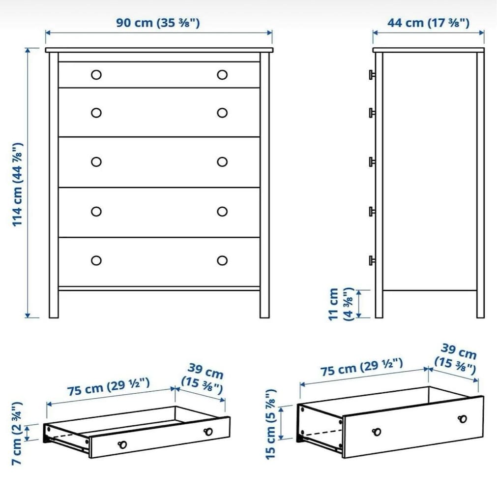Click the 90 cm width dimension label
pyautogui.click(x=158, y=23)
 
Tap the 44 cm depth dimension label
pyautogui.click(x=428, y=23)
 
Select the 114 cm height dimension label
pyautogui.click(x=18, y=185)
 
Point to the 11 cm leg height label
pyautogui.click(x=341, y=304)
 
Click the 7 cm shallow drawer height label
pyautogui.click(x=17, y=433)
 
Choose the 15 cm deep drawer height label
pyautogui.click(x=271, y=424)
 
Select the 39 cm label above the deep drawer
pyautogui.click(x=456, y=359)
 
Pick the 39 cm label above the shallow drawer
pyautogui.click(x=203, y=378)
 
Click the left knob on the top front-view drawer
pyautogui.click(x=96, y=75)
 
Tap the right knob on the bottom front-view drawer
pyautogui.click(x=222, y=260)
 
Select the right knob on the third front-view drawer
pyautogui.click(x=222, y=161)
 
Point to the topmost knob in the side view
pyautogui.click(x=372, y=75)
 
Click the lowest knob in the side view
pyautogui.click(x=372, y=260)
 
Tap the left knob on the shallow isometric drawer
pyautogui.click(x=122, y=444)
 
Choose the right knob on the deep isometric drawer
pyautogui.click(x=462, y=419)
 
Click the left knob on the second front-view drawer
pyautogui.click(x=96, y=113)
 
